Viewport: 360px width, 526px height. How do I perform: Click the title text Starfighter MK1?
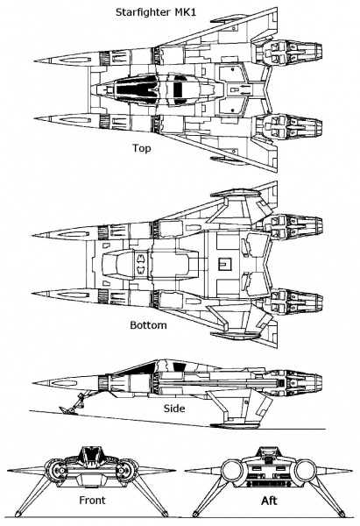pyautogui.click(x=156, y=12)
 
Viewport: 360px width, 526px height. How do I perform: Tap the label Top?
pyautogui.click(x=141, y=148)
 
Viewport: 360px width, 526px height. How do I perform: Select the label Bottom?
pyautogui.click(x=148, y=324)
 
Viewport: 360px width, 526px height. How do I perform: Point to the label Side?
pyautogui.click(x=174, y=409)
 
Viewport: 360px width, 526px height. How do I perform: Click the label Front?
pyautogui.click(x=92, y=501)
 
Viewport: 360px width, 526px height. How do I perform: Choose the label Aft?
pyautogui.click(x=269, y=501)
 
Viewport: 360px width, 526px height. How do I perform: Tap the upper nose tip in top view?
pyautogui.click(x=35, y=61)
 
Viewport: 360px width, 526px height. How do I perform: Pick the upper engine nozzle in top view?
pyautogui.click(x=310, y=53)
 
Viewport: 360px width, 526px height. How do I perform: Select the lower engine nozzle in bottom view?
pyautogui.click(x=310, y=302)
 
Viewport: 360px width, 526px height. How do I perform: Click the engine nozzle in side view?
pyautogui.click(x=310, y=382)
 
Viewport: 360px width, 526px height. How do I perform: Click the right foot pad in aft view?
pyautogui.click(x=342, y=514)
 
